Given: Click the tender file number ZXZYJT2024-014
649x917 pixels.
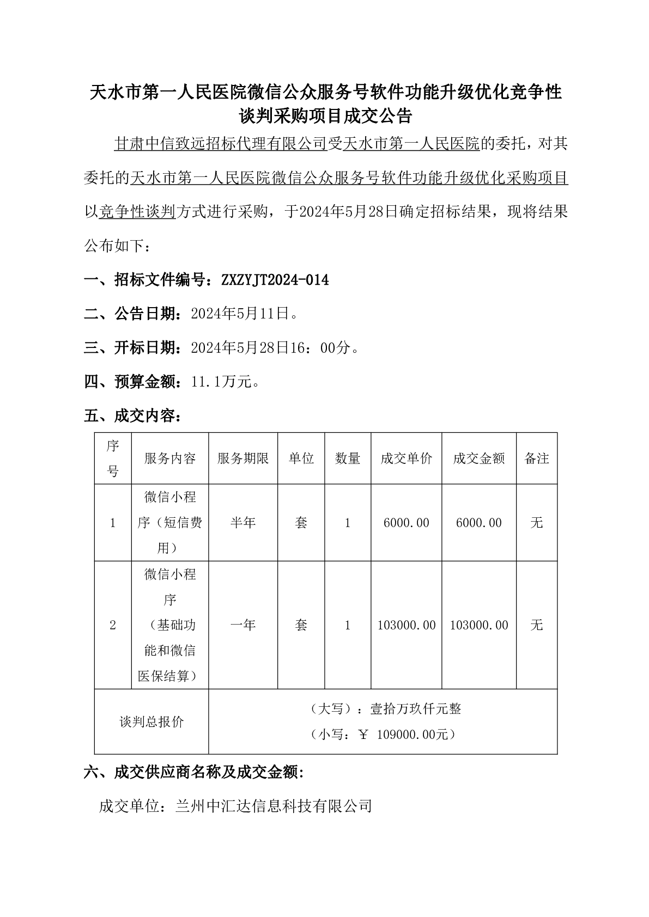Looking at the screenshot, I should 275,280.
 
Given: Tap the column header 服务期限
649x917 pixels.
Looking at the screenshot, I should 243,458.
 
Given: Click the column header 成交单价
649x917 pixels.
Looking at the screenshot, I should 407,458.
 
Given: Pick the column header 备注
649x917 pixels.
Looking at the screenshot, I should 537,458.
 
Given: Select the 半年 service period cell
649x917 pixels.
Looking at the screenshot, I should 243,523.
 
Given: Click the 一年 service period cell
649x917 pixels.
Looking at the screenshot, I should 243,625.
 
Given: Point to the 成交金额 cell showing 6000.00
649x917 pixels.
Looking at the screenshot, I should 479,523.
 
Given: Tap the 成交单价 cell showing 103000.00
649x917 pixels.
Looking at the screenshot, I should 407,625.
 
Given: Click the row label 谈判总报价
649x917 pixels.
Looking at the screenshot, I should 151,722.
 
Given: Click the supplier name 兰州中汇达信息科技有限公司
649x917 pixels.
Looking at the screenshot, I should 274,806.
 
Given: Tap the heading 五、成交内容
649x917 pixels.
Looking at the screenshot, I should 132,417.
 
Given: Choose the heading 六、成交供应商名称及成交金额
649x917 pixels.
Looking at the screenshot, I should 193,772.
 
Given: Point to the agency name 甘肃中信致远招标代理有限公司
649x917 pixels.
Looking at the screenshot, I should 220,144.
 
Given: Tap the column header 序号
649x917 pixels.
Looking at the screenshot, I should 113,458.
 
